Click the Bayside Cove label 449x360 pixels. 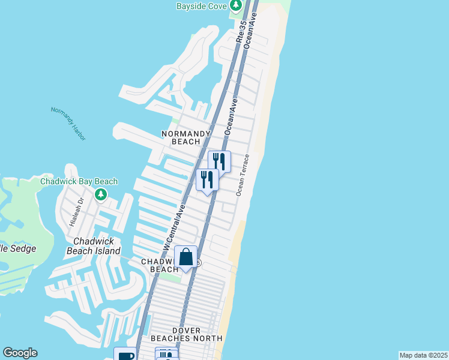(x=201, y=7)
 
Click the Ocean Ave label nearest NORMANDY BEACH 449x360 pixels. (x=230, y=118)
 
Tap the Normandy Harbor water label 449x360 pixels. (x=68, y=124)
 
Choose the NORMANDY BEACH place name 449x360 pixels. (x=186, y=137)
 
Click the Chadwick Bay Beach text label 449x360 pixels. (x=79, y=181)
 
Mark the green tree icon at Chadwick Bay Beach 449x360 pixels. (x=101, y=194)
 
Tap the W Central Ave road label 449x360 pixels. (x=173, y=226)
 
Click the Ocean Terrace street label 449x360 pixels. (x=242, y=175)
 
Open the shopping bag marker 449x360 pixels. (x=186, y=257)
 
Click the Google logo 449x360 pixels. (x=20, y=353)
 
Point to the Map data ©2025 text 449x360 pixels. (x=423, y=355)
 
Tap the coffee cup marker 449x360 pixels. (x=125, y=355)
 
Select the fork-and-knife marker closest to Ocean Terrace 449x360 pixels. (x=219, y=161)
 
